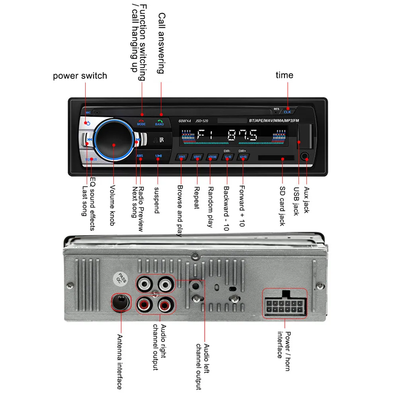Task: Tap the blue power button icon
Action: (88, 123)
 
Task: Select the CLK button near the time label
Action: (287, 112)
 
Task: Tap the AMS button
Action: (140, 156)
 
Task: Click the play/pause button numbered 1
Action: (158, 156)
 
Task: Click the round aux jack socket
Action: (305, 157)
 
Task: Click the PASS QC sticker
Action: (121, 279)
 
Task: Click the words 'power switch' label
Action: (80, 76)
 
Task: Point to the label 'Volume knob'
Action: (113, 205)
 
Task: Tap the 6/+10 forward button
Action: (243, 157)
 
